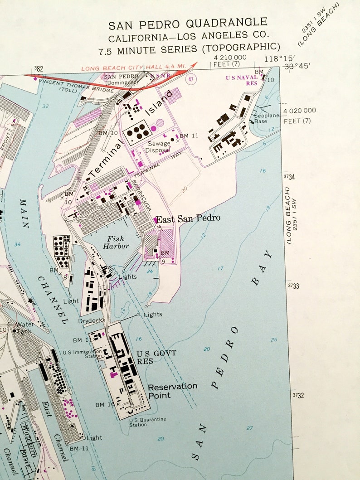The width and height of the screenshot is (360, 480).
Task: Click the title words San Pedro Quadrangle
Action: coord(187,23)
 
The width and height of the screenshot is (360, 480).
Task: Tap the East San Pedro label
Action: coord(188,218)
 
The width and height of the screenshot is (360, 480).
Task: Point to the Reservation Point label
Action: coord(172,390)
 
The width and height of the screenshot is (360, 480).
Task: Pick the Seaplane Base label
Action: coord(267,118)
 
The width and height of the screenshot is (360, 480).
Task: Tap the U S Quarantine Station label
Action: coord(146,422)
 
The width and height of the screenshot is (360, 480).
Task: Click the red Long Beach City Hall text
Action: coord(134,67)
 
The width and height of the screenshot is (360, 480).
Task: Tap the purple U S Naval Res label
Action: coord(242,80)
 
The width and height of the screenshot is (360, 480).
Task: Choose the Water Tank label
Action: coord(24,327)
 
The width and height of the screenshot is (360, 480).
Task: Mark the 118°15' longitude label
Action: coord(280,58)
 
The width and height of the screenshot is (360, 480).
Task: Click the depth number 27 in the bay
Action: coord(250,428)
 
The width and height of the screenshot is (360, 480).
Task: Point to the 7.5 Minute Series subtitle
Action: coord(189,47)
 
